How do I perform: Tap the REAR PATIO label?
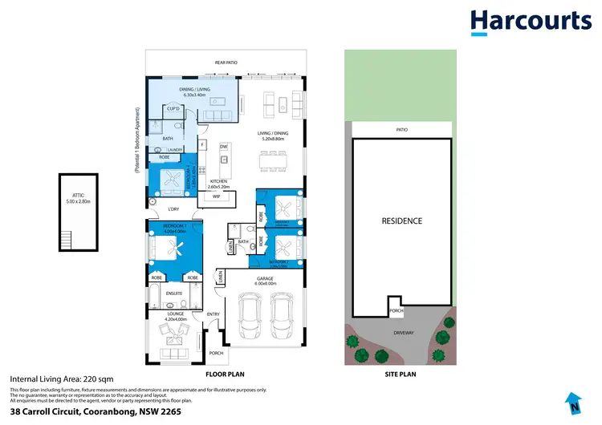(x=226, y=62)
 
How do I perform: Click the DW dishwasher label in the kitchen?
(x=225, y=147)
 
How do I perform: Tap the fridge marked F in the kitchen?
(x=203, y=144)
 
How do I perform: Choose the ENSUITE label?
(x=175, y=293)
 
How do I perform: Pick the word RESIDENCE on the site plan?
(x=401, y=221)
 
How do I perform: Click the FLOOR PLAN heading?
(x=226, y=374)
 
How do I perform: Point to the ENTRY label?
(x=213, y=314)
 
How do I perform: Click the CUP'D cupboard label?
(x=173, y=107)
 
